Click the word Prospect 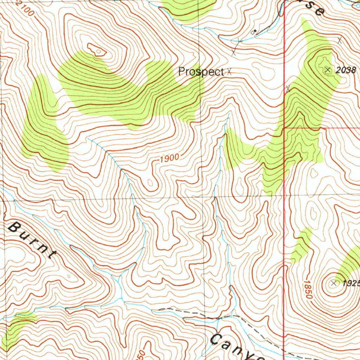coord(201,72)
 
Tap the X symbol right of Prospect coord(229,72)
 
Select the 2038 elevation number coord(346,70)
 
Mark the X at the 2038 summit coord(328,70)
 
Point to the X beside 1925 coord(334,283)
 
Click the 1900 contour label coord(169,158)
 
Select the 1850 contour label coord(307,289)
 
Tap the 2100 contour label coord(26,9)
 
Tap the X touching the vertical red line coord(288,89)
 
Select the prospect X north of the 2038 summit coord(340,40)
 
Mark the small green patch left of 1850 coord(301,245)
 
